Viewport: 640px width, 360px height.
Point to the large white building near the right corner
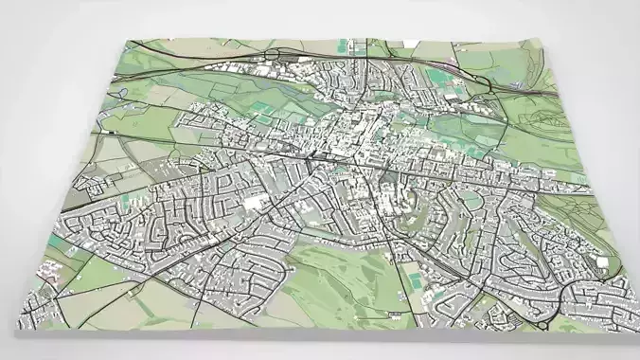click(601, 262)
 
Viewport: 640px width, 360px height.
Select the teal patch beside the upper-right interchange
click(436, 74)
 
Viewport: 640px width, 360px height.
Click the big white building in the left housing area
click(253, 202)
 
